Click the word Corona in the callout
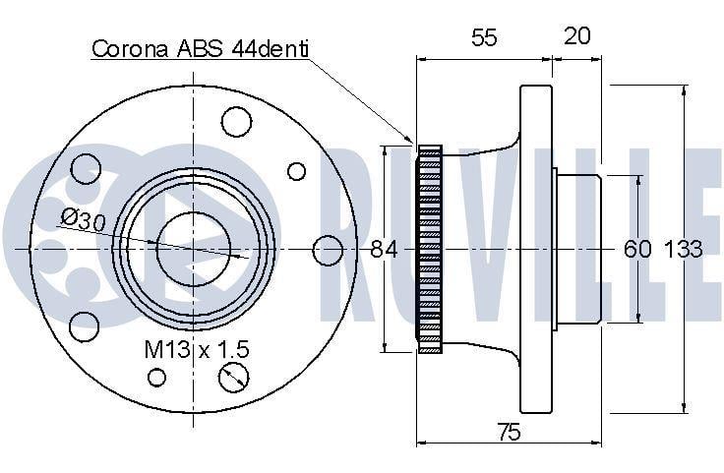[130, 48]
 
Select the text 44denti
[271, 48]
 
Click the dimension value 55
[484, 37]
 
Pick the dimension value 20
[577, 35]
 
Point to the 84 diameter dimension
[384, 250]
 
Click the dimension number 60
[637, 249]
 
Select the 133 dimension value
[683, 249]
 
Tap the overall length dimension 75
[509, 432]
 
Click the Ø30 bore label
[84, 219]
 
